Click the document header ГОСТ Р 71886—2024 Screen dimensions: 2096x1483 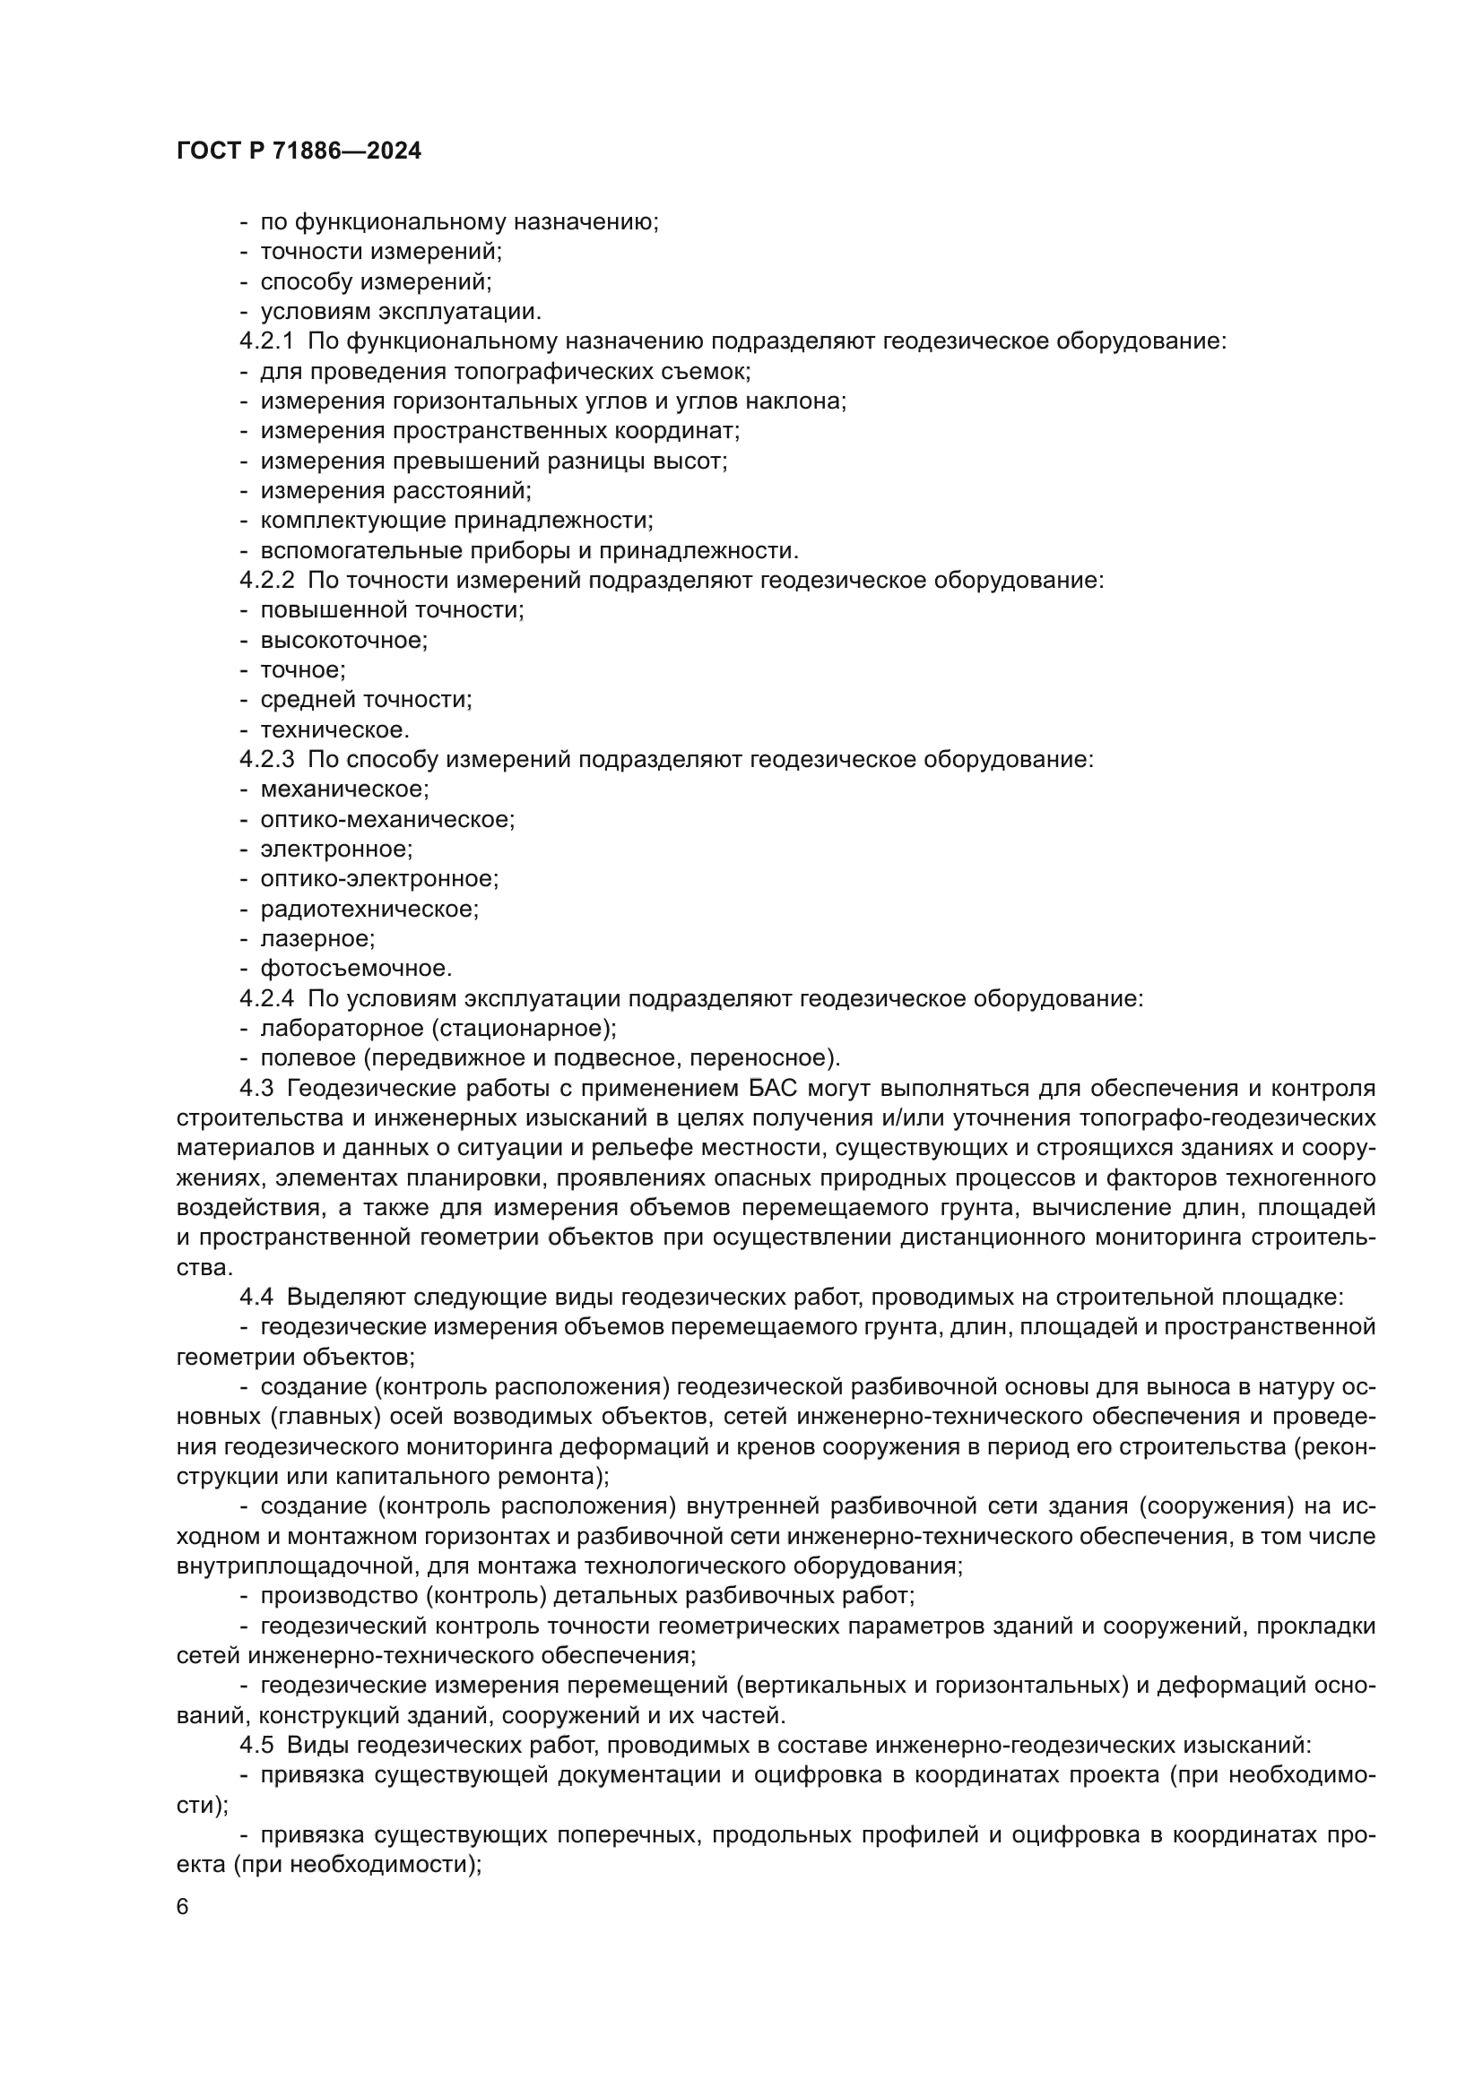[299, 151]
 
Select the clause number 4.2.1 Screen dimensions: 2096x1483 [266, 341]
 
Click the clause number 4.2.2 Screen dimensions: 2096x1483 [266, 581]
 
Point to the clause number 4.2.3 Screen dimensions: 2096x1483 [266, 760]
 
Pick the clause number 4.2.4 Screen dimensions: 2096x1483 [266, 998]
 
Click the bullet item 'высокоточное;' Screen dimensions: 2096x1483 [343, 640]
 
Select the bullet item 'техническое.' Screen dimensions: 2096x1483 [334, 730]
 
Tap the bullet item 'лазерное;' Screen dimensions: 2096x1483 [317, 938]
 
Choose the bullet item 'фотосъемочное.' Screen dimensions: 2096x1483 [356, 969]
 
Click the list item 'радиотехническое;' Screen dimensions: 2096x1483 [369, 910]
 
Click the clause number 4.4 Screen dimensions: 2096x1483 [256, 1298]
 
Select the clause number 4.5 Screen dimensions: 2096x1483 [256, 1746]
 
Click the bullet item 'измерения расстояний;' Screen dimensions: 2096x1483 [395, 491]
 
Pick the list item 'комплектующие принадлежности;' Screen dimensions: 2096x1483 [456, 522]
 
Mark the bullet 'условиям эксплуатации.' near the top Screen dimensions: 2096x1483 [400, 311]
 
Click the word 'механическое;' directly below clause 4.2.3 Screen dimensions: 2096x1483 [344, 789]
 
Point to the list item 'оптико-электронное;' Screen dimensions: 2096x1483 [379, 879]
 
